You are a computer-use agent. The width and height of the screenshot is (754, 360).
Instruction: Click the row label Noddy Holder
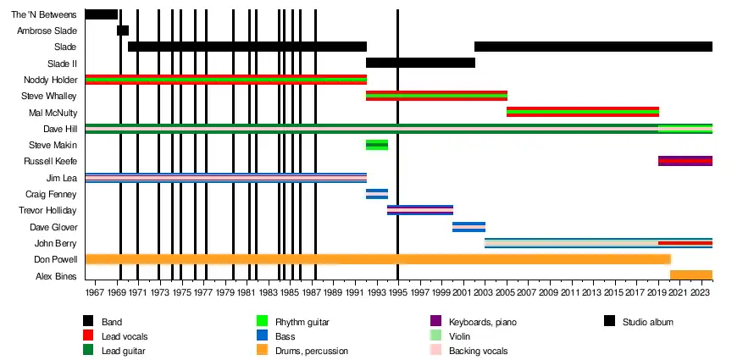point(52,80)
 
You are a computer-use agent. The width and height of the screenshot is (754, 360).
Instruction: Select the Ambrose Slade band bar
point(123,30)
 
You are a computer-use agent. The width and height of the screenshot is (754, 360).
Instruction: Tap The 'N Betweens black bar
point(102,14)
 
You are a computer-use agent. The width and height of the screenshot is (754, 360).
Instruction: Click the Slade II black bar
point(420,63)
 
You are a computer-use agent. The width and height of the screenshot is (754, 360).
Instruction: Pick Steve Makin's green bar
point(377,145)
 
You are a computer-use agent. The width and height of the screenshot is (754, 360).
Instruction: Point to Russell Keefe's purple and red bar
point(685,161)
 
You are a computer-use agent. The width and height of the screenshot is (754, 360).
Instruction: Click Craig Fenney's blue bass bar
point(377,194)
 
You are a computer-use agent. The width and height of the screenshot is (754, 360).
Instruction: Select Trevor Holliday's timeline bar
point(420,210)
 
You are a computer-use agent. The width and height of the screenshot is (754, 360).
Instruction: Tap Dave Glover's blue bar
point(468,227)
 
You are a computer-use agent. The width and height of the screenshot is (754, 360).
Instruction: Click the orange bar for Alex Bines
point(691,274)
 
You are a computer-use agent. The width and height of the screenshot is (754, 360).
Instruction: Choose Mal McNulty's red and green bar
point(583,112)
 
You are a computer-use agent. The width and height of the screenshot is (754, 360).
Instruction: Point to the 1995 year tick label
point(398,292)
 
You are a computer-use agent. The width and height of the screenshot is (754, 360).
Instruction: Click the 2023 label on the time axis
point(699,292)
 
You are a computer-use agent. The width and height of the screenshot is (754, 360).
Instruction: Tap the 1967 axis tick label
point(96,292)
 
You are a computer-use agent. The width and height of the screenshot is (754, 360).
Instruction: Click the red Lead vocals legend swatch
point(88,336)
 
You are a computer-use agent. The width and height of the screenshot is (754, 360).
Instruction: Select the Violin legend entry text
point(459,336)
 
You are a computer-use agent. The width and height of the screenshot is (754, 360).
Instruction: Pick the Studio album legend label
point(648,322)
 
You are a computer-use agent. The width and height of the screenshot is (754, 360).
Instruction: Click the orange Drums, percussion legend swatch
point(262,351)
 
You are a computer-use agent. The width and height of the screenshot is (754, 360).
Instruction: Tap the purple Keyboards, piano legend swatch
point(435,321)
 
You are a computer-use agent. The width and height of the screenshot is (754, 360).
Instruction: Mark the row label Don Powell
point(56,259)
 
